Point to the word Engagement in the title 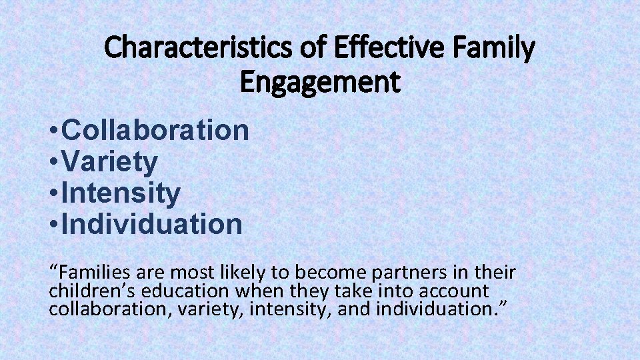tap(320, 83)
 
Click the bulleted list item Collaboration tap(155, 131)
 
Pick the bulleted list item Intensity tap(121, 193)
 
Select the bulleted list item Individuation tap(151, 225)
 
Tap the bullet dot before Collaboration tap(53, 131)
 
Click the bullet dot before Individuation tap(53, 225)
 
